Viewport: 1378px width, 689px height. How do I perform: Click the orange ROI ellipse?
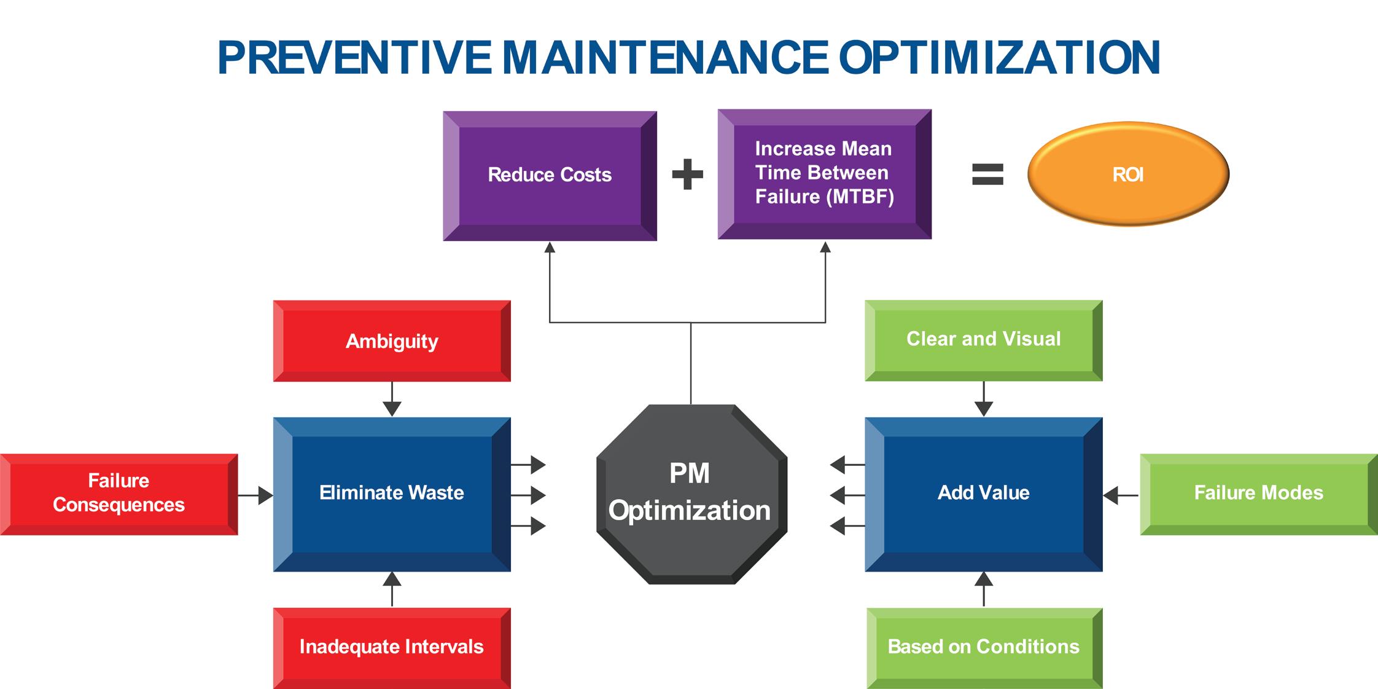pos(1128,175)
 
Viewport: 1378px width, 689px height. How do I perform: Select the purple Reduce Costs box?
pos(550,176)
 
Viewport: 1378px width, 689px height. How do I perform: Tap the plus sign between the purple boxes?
pos(688,175)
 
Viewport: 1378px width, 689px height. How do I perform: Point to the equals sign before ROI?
pos(987,174)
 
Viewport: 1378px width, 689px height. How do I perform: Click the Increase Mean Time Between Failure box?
pos(824,174)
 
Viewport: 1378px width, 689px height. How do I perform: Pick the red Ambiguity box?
pos(392,341)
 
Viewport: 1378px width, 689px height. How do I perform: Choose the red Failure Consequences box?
pos(119,494)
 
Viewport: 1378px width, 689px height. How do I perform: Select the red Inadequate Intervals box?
pos(392,647)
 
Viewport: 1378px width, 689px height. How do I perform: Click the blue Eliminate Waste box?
pos(392,494)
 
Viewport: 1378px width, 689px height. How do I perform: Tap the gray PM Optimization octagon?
pos(691,494)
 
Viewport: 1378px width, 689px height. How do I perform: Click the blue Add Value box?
pos(983,494)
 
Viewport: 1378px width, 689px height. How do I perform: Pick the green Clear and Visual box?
pos(983,340)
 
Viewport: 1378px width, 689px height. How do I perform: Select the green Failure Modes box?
pos(1258,494)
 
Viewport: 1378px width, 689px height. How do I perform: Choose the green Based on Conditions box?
pos(984,647)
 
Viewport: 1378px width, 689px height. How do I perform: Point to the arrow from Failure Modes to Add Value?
pos(1121,495)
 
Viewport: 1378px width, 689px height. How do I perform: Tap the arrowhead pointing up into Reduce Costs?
pos(550,248)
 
